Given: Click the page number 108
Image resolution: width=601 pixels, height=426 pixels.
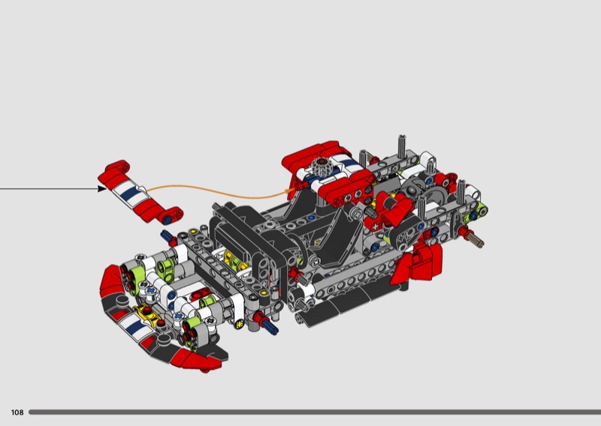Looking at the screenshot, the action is click(17, 412).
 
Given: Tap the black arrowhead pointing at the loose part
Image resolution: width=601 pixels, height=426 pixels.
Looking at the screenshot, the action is click(102, 188).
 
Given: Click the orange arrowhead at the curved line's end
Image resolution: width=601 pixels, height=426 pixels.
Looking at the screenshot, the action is click(291, 190).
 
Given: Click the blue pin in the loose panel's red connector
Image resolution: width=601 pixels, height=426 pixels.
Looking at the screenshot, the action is click(168, 220).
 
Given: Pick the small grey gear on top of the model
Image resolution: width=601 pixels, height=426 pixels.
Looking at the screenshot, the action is click(321, 166).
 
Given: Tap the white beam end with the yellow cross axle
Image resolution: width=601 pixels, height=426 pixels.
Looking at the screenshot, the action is click(240, 323).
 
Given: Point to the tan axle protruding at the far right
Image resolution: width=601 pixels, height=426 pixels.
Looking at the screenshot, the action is click(476, 240).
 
